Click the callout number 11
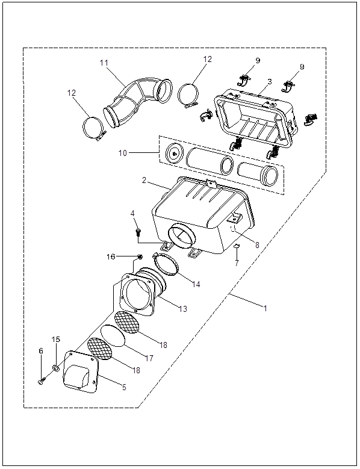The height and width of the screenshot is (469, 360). tap(104, 63)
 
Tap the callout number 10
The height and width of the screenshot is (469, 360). tap(123, 153)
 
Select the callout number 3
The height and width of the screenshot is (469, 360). tap(270, 82)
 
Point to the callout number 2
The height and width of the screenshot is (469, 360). tap(144, 181)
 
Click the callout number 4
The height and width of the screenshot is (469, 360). tap(132, 213)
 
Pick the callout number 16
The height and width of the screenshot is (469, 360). tap(111, 256)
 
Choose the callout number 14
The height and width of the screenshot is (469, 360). tap(196, 284)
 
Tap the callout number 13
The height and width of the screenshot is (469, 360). tap(183, 308)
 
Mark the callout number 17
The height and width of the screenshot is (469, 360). tap(149, 358)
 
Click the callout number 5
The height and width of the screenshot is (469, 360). tap(124, 387)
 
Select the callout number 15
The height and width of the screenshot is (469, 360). tap(56, 339)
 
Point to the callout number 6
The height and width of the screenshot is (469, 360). tap(41, 351)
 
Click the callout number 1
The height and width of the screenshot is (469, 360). tap(265, 308)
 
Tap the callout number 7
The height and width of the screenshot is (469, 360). tap(237, 263)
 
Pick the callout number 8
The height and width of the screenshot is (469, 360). tap(257, 245)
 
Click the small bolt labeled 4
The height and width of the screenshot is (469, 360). tap(138, 232)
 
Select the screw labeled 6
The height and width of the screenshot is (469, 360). tap(42, 381)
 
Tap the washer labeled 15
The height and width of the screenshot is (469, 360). tap(55, 367)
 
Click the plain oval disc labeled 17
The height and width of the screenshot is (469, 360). tap(113, 335)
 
